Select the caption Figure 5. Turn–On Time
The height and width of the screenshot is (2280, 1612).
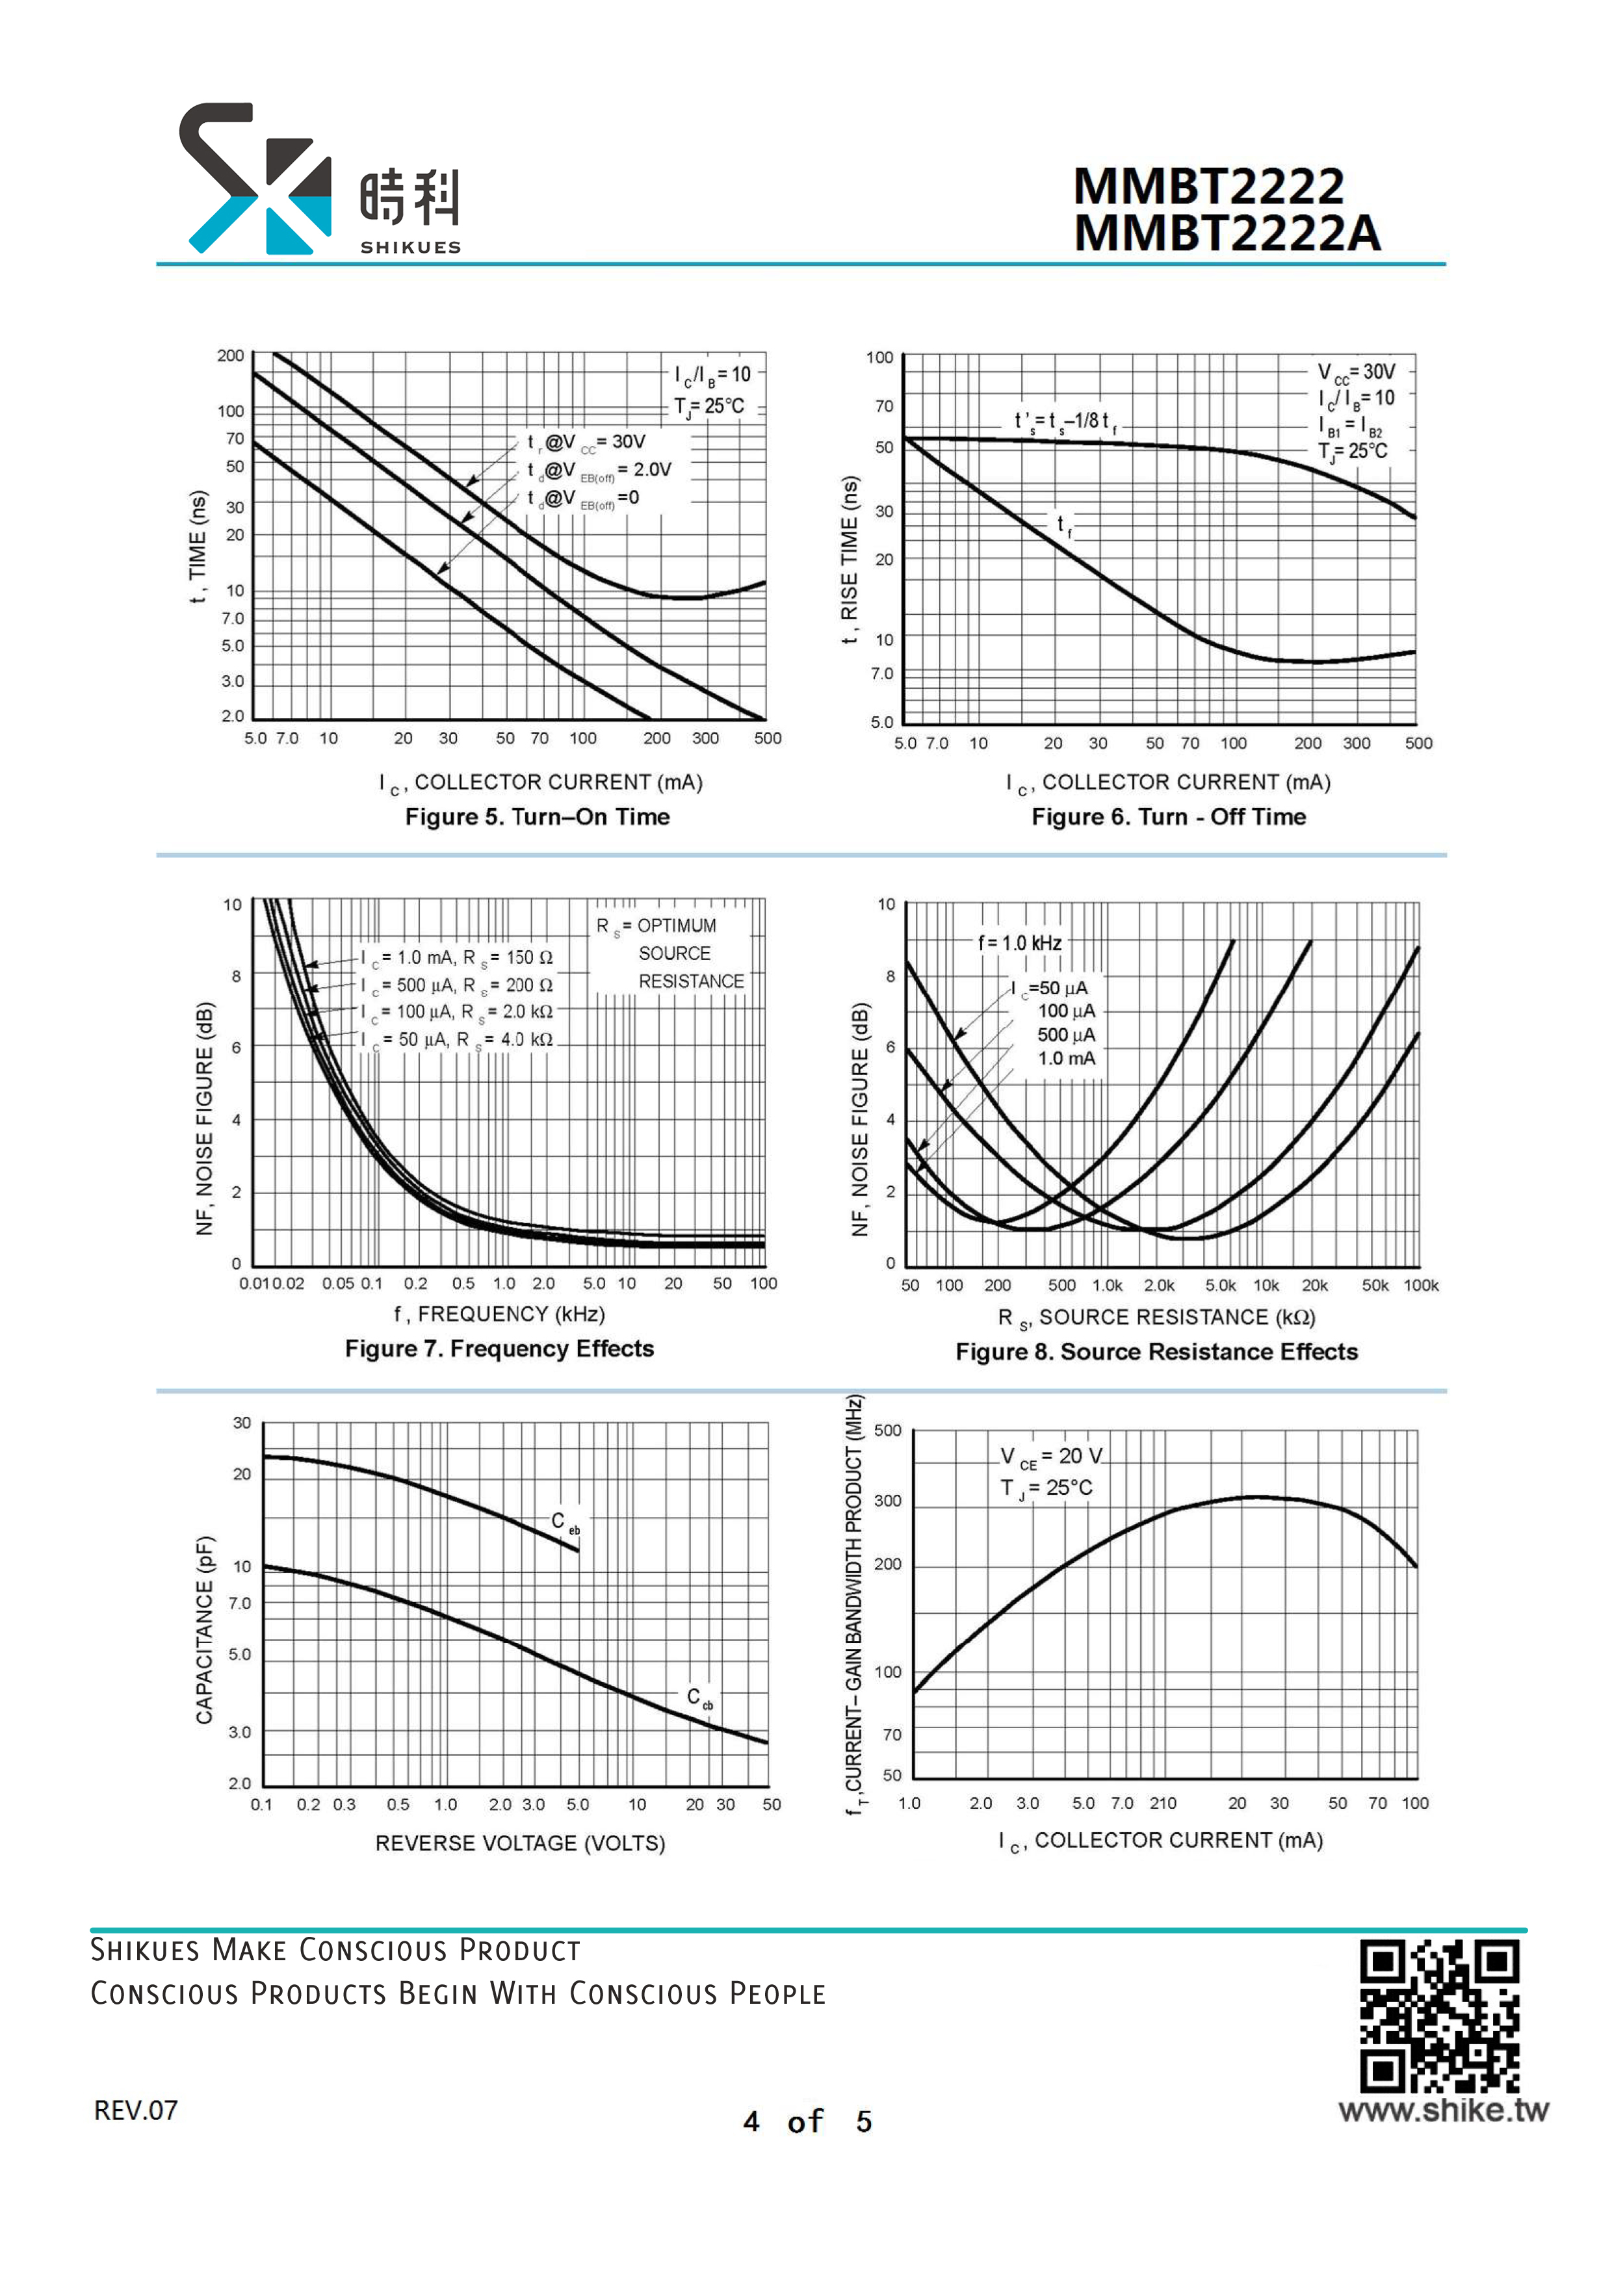click(538, 816)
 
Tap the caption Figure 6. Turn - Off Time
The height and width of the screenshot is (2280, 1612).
click(1168, 816)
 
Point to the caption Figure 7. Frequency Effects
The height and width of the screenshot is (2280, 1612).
click(500, 1349)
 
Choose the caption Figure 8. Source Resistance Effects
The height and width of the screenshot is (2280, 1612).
click(1156, 1351)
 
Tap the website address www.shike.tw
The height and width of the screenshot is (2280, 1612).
click(1443, 2109)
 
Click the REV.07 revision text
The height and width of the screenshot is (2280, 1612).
click(136, 2110)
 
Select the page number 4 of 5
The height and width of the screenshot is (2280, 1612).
click(807, 2121)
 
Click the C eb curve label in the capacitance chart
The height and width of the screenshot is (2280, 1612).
click(565, 1523)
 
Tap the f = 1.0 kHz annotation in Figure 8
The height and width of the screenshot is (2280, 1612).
click(1020, 942)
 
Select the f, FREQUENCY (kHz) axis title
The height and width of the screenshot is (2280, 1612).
click(500, 1314)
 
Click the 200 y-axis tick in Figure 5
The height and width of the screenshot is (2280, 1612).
click(231, 356)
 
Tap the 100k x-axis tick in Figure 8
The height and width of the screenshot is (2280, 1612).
click(1420, 1285)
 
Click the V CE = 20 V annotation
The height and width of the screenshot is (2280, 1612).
click(1051, 1457)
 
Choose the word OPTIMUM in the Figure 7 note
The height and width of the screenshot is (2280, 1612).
click(677, 926)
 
